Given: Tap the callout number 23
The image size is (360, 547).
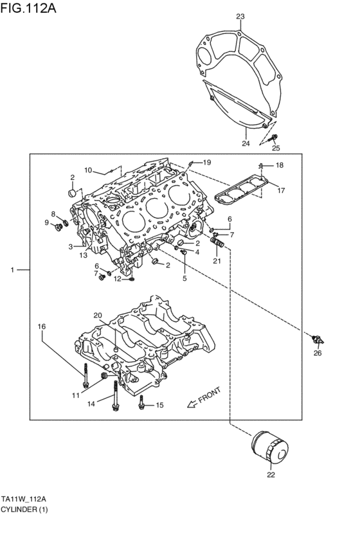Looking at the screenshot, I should click(240, 16).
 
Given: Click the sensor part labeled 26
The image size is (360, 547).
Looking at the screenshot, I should click(319, 339).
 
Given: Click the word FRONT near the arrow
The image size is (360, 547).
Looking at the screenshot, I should click(210, 395).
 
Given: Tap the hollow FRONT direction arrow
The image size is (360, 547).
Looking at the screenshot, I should click(190, 404).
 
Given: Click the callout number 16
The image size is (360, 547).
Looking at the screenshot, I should click(41, 327).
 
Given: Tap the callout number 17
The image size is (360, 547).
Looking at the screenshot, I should click(280, 190).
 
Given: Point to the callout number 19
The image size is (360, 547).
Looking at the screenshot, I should click(206, 162).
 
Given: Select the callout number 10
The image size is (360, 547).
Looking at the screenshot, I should click(89, 170).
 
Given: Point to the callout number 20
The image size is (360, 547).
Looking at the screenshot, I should click(97, 315).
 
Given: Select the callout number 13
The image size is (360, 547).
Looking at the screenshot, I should click(84, 255).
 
